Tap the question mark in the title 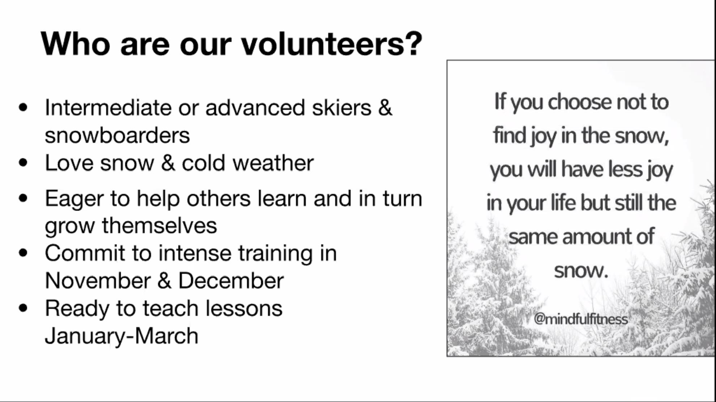click(413, 43)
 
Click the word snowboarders click(117, 135)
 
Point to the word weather click(273, 163)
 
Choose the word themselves click(159, 226)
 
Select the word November click(98, 281)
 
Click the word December click(231, 281)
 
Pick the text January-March click(122, 336)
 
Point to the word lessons click(244, 308)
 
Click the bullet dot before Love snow click(23, 162)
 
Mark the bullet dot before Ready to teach click(23, 308)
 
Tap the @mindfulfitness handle click(581, 319)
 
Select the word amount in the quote click(596, 237)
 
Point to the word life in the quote click(563, 203)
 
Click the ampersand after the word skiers click(385, 108)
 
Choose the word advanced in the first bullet click(255, 108)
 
